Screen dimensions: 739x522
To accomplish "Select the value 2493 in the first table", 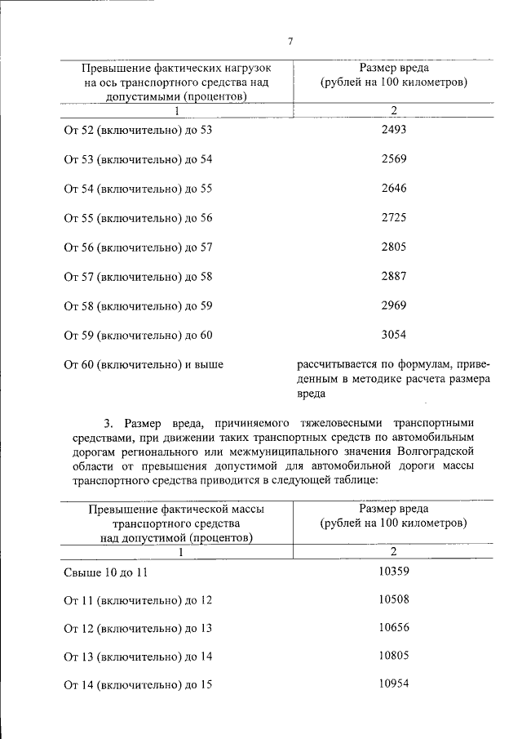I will [393, 129].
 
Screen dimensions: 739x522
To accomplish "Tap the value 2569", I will [393, 158].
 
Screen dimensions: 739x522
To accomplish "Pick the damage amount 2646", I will [393, 188].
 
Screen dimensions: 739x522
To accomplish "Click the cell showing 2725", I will [393, 217].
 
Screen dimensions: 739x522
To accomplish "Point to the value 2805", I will [393, 247].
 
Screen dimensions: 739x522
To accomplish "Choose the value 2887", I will [393, 276].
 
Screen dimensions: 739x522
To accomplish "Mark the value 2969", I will [393, 305].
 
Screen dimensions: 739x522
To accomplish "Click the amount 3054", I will [393, 335].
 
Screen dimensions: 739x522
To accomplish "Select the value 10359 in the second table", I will [393, 571].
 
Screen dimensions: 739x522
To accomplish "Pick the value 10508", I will [393, 599].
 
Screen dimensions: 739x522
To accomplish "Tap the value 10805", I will [393, 655].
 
